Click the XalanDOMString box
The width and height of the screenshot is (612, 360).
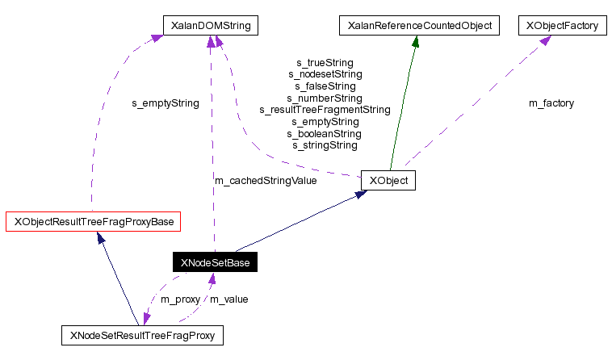211,26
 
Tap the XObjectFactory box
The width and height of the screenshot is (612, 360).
562,26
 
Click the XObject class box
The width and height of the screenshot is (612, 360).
388,180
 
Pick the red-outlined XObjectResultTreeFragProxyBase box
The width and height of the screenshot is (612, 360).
94,220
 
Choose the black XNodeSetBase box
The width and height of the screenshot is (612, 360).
215,262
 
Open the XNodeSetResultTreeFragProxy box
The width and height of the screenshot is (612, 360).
143,334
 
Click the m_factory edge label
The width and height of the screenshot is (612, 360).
551,103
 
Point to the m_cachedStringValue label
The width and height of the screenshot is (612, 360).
266,180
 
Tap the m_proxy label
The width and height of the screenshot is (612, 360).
180,299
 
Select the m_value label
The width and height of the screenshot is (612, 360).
229,299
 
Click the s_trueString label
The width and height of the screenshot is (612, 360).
325,62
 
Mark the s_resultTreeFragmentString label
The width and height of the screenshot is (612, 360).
325,109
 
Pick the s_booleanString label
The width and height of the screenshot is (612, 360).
325,133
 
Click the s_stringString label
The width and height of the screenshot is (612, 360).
325,145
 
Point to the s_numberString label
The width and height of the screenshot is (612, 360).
325,98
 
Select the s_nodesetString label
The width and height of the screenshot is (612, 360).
325,74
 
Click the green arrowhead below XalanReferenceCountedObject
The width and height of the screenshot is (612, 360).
416,42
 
